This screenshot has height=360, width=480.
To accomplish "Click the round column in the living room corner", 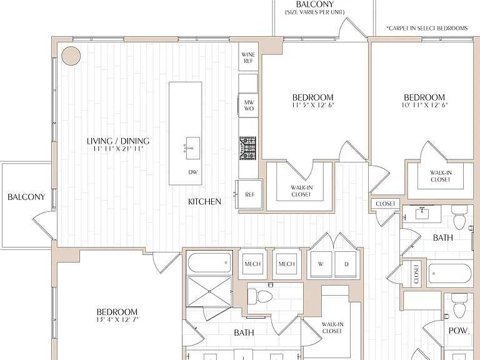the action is (x=71, y=56).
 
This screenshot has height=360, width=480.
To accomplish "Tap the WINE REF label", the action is (x=248, y=58).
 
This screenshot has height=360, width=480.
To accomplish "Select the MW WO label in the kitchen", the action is (x=249, y=105).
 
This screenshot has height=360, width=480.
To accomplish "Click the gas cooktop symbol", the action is (x=247, y=148).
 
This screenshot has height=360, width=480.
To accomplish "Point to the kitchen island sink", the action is (x=193, y=148).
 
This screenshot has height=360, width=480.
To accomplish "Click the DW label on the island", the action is (x=193, y=172).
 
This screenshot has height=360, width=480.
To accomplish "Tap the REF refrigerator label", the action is (x=250, y=195).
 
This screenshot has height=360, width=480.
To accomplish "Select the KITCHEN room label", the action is (x=204, y=201).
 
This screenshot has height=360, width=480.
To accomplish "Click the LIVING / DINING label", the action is (x=118, y=141).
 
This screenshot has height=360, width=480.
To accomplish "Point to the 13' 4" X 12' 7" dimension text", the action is (x=117, y=319).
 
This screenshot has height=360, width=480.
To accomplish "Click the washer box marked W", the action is (x=321, y=264).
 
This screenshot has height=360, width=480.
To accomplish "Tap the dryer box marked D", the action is (x=346, y=264).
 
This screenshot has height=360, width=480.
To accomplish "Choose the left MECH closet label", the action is (x=252, y=264).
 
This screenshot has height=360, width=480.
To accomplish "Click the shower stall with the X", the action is (x=209, y=291).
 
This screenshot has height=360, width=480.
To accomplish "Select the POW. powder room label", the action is (x=459, y=331).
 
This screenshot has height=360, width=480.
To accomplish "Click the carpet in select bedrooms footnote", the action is (x=427, y=29).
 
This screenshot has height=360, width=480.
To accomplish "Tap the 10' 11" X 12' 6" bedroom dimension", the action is (x=424, y=105).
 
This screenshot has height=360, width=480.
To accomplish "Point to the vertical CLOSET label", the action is (x=416, y=274).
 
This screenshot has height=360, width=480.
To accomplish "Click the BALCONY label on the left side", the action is (x=26, y=197).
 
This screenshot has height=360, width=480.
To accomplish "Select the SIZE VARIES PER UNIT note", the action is (x=315, y=12).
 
